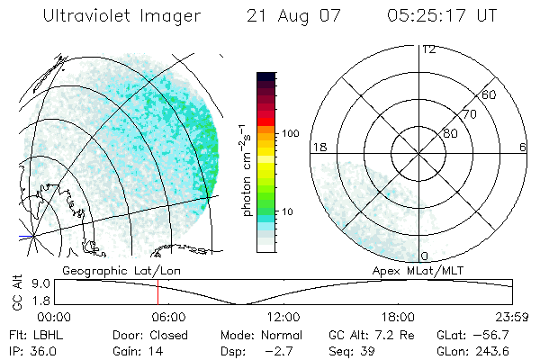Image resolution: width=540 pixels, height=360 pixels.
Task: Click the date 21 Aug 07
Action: (x=290, y=16)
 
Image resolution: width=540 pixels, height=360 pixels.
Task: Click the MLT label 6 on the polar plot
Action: (x=523, y=146)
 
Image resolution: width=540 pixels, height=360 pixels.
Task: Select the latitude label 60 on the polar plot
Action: (x=489, y=94)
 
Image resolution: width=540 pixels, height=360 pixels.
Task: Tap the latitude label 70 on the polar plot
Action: (x=469, y=114)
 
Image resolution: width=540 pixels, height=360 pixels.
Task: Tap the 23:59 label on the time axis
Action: (x=511, y=317)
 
